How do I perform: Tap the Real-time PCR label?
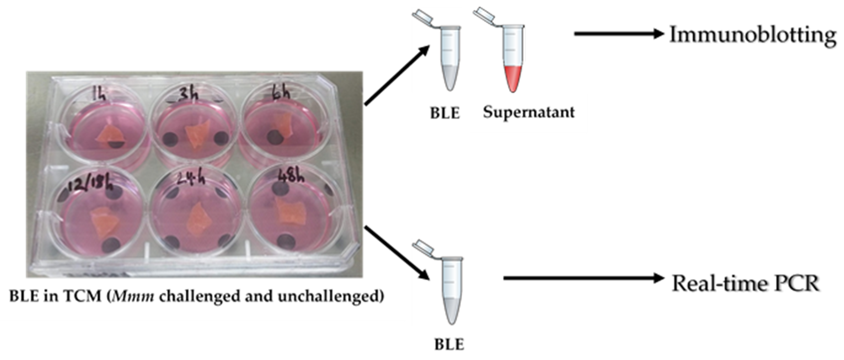(x=745, y=284)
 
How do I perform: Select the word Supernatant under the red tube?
(x=528, y=112)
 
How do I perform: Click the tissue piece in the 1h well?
(x=109, y=134)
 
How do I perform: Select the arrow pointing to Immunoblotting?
(x=619, y=34)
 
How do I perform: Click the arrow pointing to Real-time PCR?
(x=583, y=278)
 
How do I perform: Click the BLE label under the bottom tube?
(x=449, y=345)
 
